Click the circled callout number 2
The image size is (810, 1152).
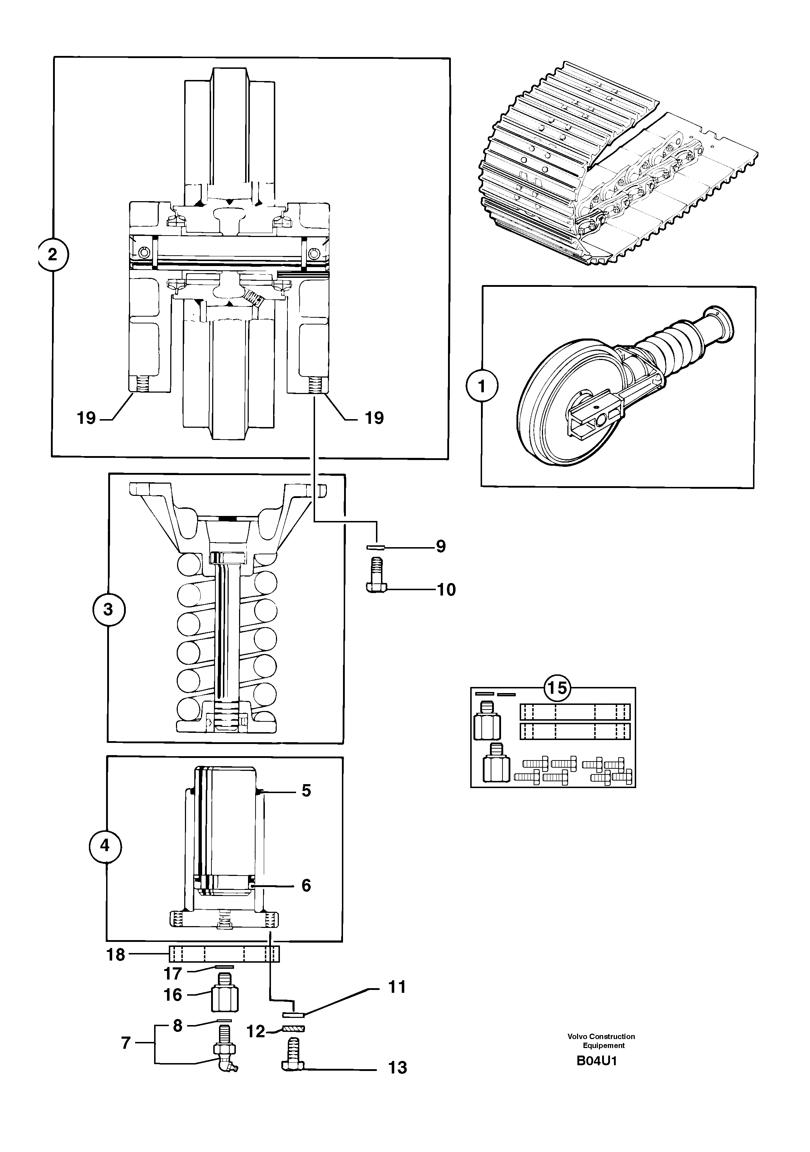pos(53,255)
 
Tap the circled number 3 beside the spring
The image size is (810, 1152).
pos(108,610)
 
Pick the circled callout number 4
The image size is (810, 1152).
pos(104,845)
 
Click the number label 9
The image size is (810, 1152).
pos(440,546)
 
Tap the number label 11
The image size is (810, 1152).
pos(397,987)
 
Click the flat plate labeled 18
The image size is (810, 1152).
pos(224,953)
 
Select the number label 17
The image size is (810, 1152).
pos(172,974)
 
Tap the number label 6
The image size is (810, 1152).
pos(306,885)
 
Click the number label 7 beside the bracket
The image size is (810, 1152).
pos(126,1043)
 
